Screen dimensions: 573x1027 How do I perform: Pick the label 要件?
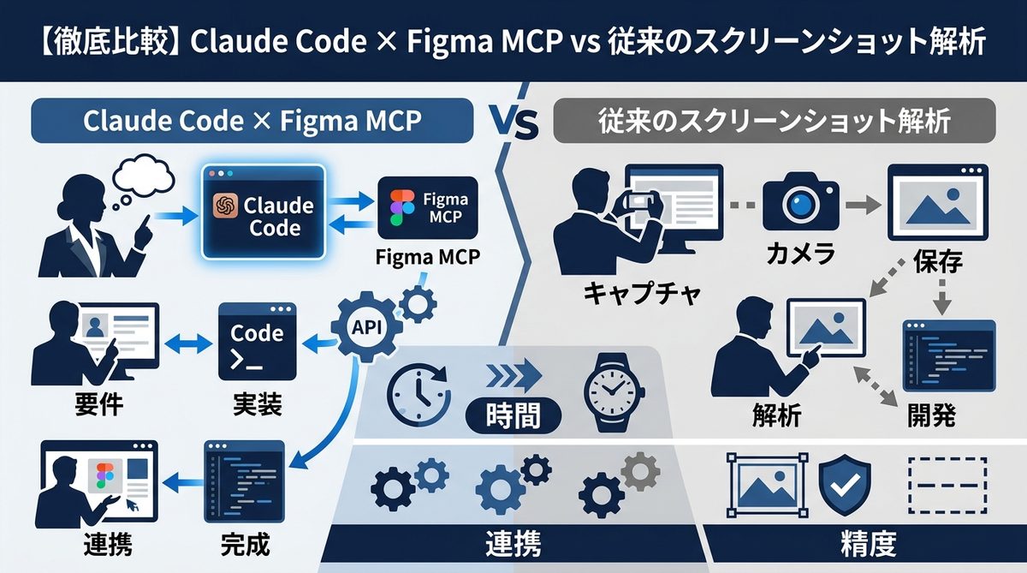point(95,403)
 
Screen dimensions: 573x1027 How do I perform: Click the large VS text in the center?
point(514,124)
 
